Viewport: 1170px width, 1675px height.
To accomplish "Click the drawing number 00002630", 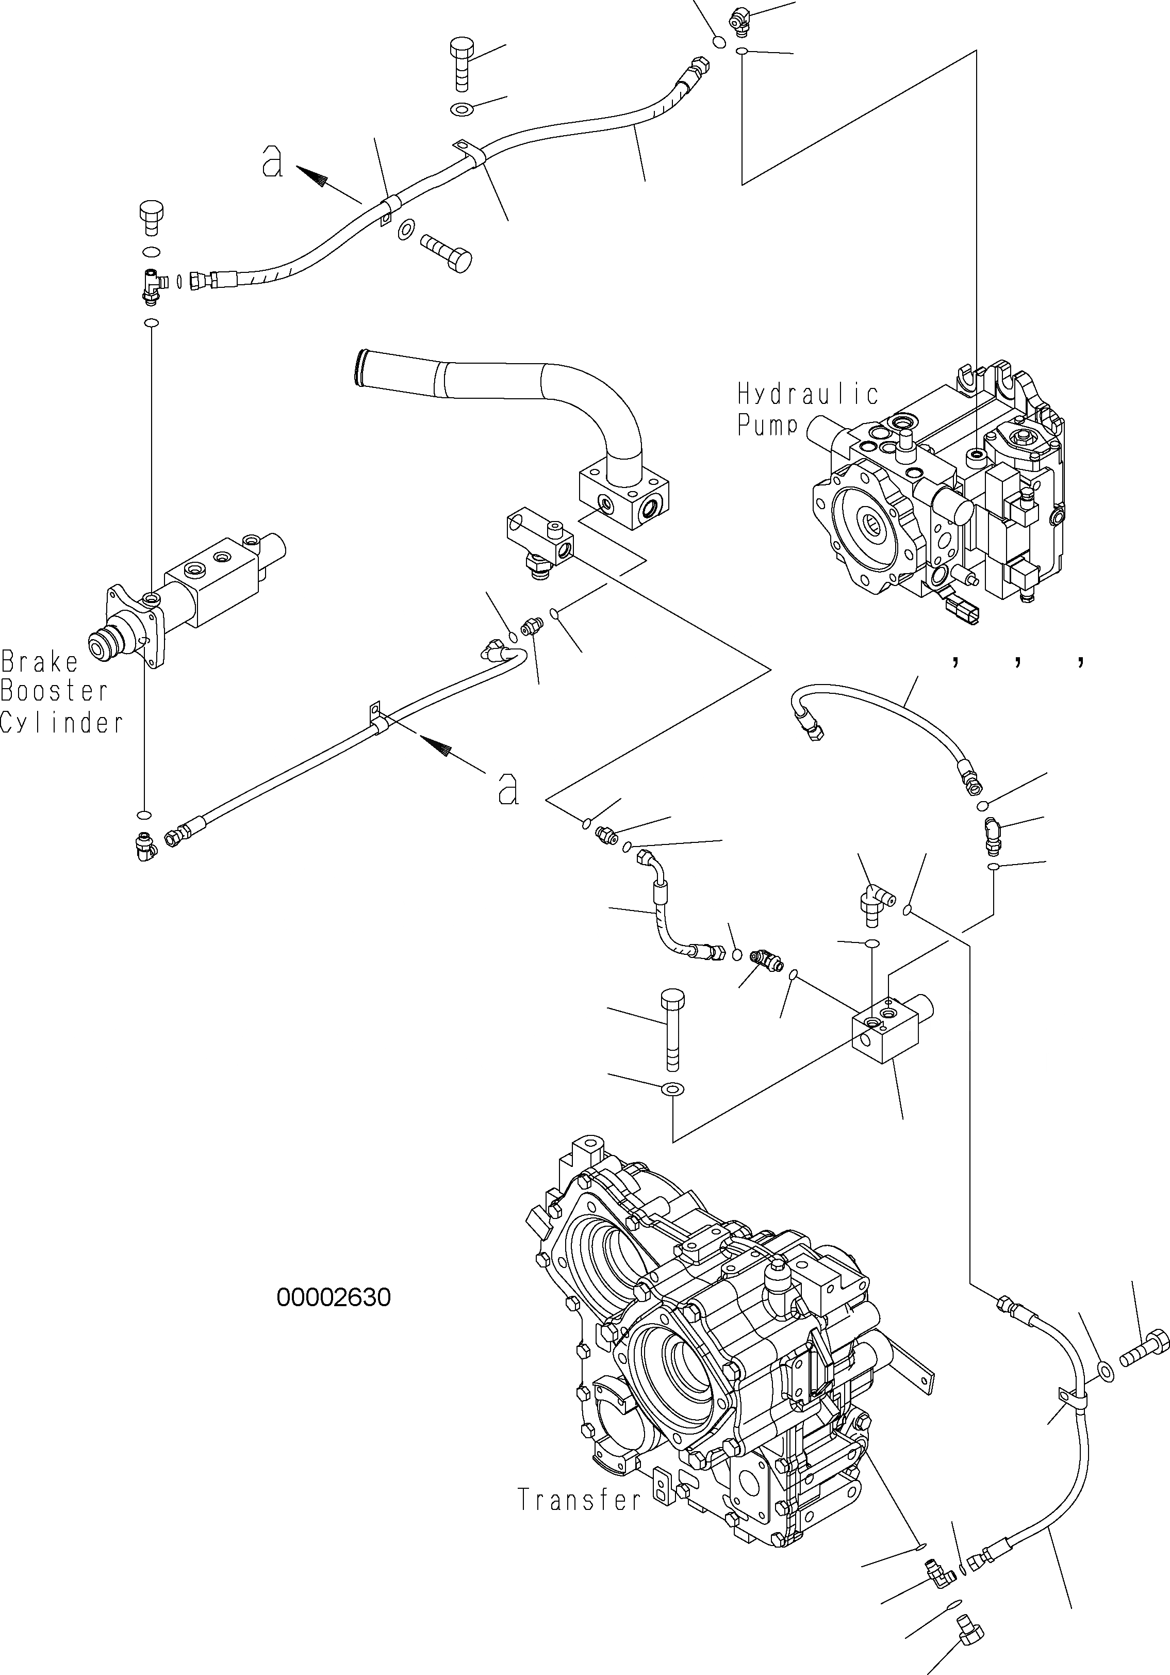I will click(x=333, y=1297).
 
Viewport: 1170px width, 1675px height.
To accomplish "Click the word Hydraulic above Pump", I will click(x=808, y=395).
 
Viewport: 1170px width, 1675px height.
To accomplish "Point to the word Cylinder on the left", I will click(x=62, y=723).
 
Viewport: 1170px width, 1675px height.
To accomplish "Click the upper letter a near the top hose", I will click(x=272, y=161).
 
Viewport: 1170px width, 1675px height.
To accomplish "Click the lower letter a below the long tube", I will click(x=508, y=789).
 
